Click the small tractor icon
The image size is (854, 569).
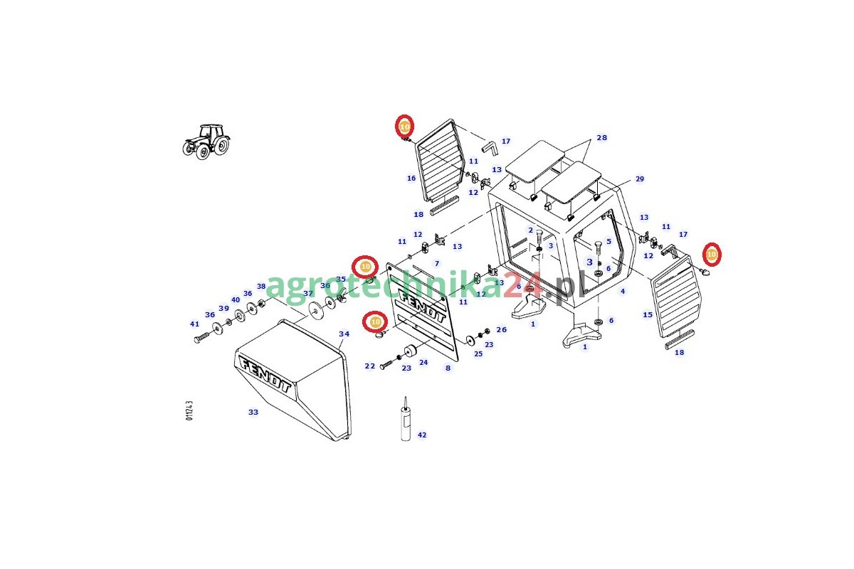click(x=206, y=141)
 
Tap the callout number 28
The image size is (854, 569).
click(x=602, y=138)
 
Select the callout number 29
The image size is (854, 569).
click(x=639, y=179)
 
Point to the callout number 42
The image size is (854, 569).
click(x=422, y=435)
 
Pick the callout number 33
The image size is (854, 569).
click(x=253, y=412)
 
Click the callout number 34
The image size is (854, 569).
click(x=344, y=334)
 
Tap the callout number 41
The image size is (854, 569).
click(x=194, y=324)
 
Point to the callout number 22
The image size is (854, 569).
click(x=369, y=366)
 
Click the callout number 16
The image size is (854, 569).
click(x=411, y=179)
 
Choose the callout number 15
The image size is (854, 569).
click(x=648, y=315)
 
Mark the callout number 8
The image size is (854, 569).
click(x=448, y=368)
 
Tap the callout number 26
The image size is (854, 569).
click(x=502, y=330)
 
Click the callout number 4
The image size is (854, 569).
click(x=623, y=291)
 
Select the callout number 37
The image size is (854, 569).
click(x=308, y=293)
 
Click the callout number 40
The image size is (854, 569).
click(x=236, y=300)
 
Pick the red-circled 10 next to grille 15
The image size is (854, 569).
click(x=711, y=255)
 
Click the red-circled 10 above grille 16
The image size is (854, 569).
click(x=404, y=127)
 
